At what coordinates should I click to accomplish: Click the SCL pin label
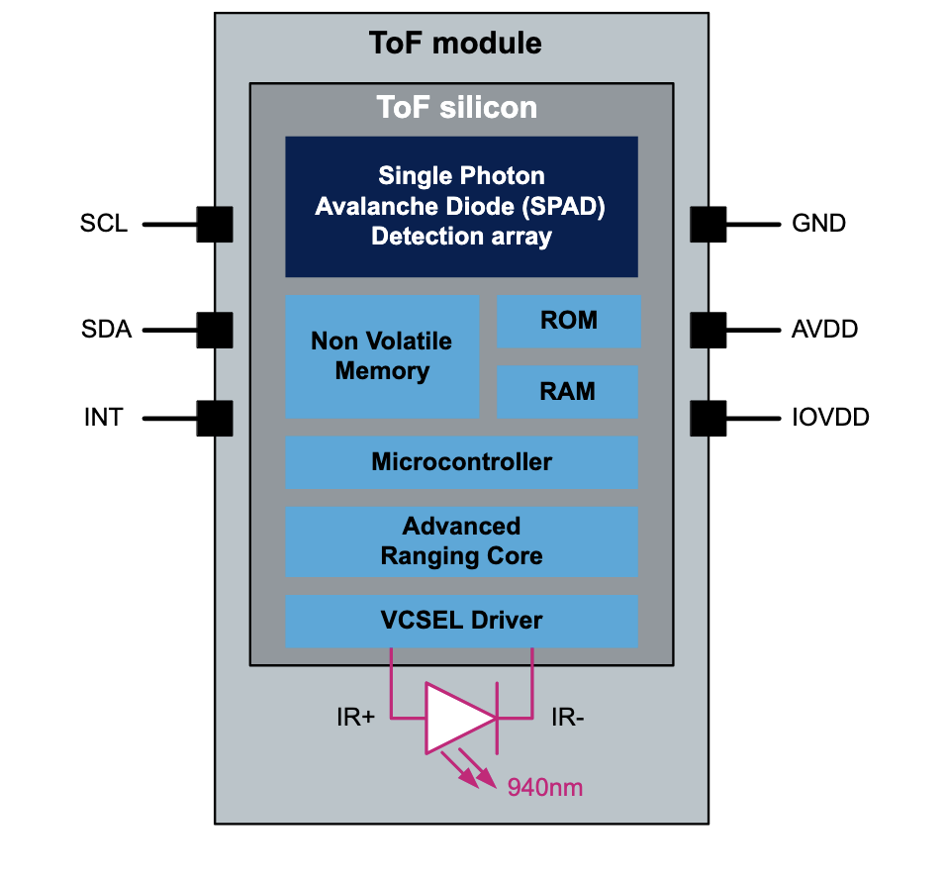click(x=104, y=224)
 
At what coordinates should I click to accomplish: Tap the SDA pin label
click(x=106, y=329)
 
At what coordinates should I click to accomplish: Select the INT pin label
click(x=104, y=418)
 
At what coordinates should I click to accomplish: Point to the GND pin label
click(x=818, y=224)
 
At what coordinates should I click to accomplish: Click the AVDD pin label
click(x=824, y=329)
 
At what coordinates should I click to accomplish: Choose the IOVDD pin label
click(x=830, y=418)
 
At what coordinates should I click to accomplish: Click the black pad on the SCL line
click(x=215, y=225)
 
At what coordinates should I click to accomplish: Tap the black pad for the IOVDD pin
click(x=709, y=418)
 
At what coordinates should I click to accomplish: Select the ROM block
click(x=568, y=321)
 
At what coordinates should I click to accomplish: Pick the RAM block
click(x=568, y=392)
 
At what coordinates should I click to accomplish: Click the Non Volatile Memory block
click(x=381, y=356)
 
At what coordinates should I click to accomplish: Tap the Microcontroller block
click(x=461, y=462)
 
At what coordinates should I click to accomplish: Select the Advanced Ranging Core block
click(x=461, y=541)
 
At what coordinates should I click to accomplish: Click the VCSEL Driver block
click(x=461, y=622)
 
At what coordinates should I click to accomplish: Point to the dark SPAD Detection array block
click(x=461, y=206)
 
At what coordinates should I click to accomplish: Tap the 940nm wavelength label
click(x=545, y=788)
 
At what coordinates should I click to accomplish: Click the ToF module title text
click(x=455, y=44)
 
